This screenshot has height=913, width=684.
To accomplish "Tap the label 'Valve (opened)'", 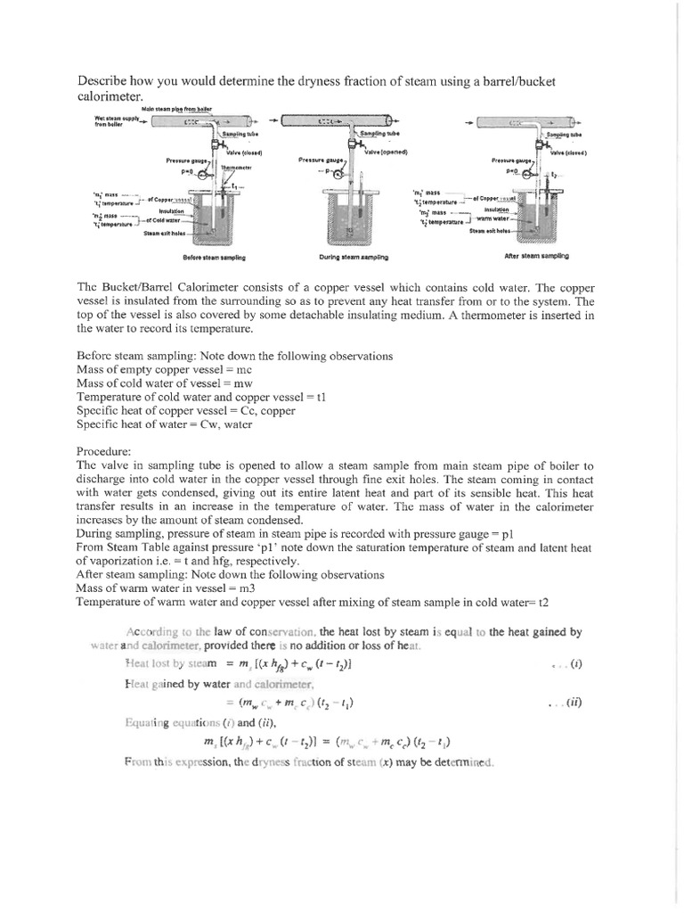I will (x=386, y=152).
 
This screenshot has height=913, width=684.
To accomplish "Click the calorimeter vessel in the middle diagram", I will (x=349, y=218).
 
